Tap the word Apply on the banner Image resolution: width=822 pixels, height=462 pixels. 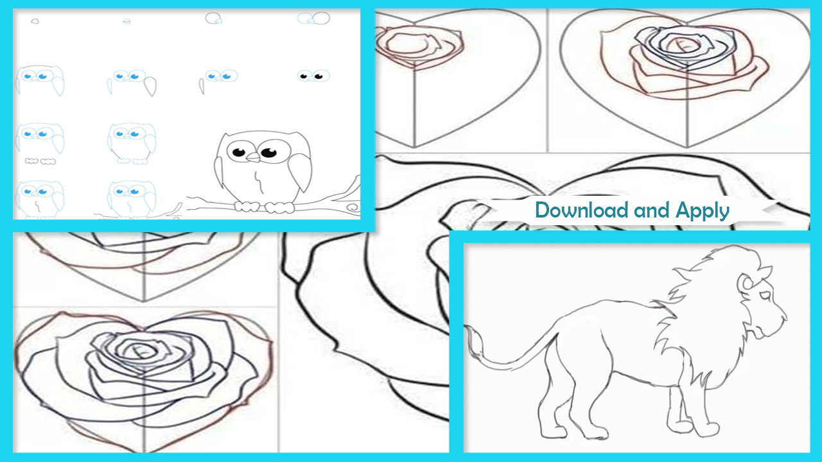(703, 212)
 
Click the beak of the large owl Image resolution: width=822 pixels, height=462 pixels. (253, 157)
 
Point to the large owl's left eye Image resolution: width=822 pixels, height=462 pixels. (239, 151)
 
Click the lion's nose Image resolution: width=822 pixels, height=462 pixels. (783, 315)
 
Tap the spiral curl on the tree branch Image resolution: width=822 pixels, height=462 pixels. (353, 207)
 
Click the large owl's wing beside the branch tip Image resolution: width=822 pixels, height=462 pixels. (300, 171)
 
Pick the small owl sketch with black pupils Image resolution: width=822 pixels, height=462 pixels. (313, 76)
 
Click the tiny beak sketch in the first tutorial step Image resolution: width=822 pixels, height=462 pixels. (35, 21)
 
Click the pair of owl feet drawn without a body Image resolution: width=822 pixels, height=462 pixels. (40, 161)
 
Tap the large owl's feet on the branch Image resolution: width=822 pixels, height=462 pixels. (264, 207)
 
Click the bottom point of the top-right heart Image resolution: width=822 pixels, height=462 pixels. (687, 147)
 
